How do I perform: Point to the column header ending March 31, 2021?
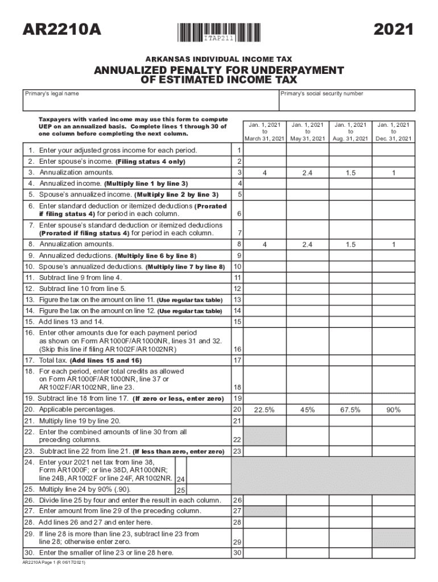264,131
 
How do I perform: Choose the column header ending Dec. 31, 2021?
393,131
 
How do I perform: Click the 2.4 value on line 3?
307,172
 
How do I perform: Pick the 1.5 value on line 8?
350,244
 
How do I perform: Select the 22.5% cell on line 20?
264,410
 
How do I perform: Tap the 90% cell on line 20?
393,410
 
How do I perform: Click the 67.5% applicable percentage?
350,410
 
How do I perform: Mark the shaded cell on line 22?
264,436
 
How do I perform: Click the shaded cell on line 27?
264,511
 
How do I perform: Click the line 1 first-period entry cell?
264,151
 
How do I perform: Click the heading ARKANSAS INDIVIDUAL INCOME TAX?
219,59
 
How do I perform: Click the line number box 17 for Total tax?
238,360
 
